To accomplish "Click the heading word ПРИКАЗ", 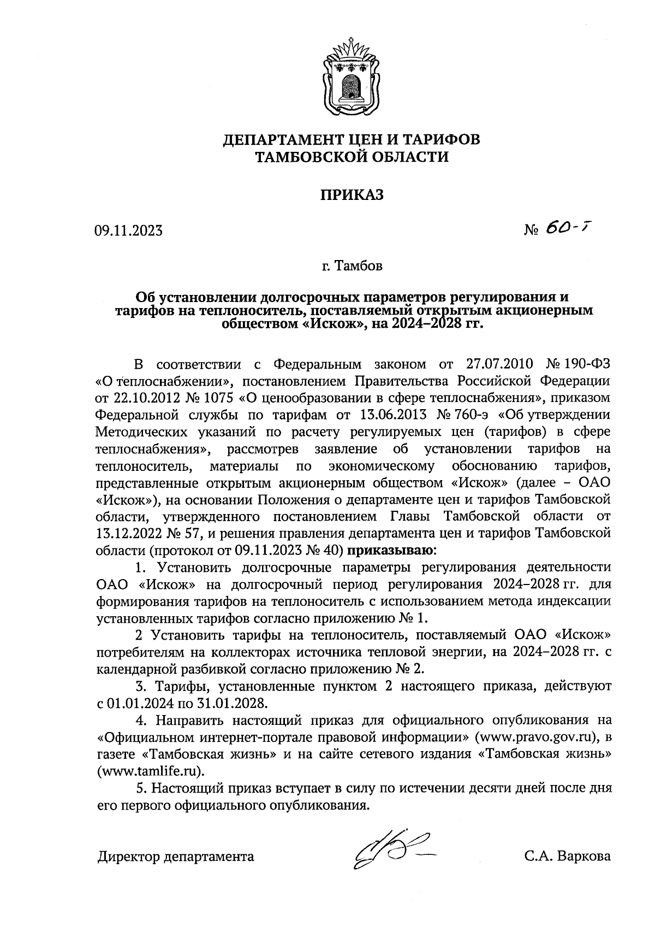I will (352, 194).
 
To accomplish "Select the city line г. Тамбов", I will (352, 267).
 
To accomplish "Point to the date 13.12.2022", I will (129, 533).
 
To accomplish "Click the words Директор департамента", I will (176, 857).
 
